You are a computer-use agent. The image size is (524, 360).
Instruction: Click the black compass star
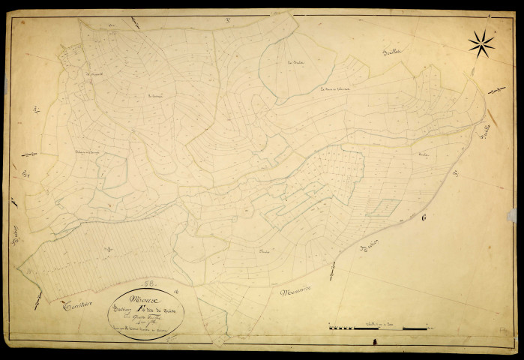(x=481, y=43)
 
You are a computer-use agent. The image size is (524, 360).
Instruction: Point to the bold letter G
(x=424, y=218)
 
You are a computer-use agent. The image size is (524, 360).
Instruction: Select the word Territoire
(x=82, y=304)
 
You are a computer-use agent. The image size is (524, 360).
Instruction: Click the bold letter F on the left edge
(x=14, y=201)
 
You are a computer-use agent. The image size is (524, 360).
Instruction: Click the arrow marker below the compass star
(x=496, y=90)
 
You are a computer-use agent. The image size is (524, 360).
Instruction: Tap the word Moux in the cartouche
(x=139, y=297)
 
